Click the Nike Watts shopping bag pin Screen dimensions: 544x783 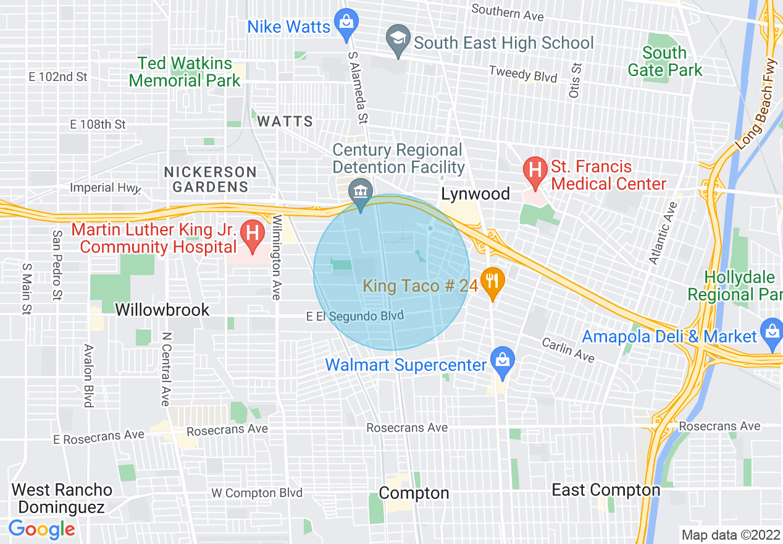pos(346,22)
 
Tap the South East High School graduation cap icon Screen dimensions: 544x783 pos(398,39)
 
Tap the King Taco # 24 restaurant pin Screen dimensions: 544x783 pos(492,281)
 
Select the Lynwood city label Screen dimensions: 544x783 pos(475,194)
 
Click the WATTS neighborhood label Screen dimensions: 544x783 pos(285,121)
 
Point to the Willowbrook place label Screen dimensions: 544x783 pos(163,310)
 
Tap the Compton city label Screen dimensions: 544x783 pos(414,493)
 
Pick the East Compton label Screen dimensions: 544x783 pos(606,490)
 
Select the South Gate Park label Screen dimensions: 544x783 pos(664,61)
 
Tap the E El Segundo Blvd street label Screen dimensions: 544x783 pos(355,316)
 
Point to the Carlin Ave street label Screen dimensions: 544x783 pos(568,350)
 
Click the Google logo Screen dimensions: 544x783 pos(41,529)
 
